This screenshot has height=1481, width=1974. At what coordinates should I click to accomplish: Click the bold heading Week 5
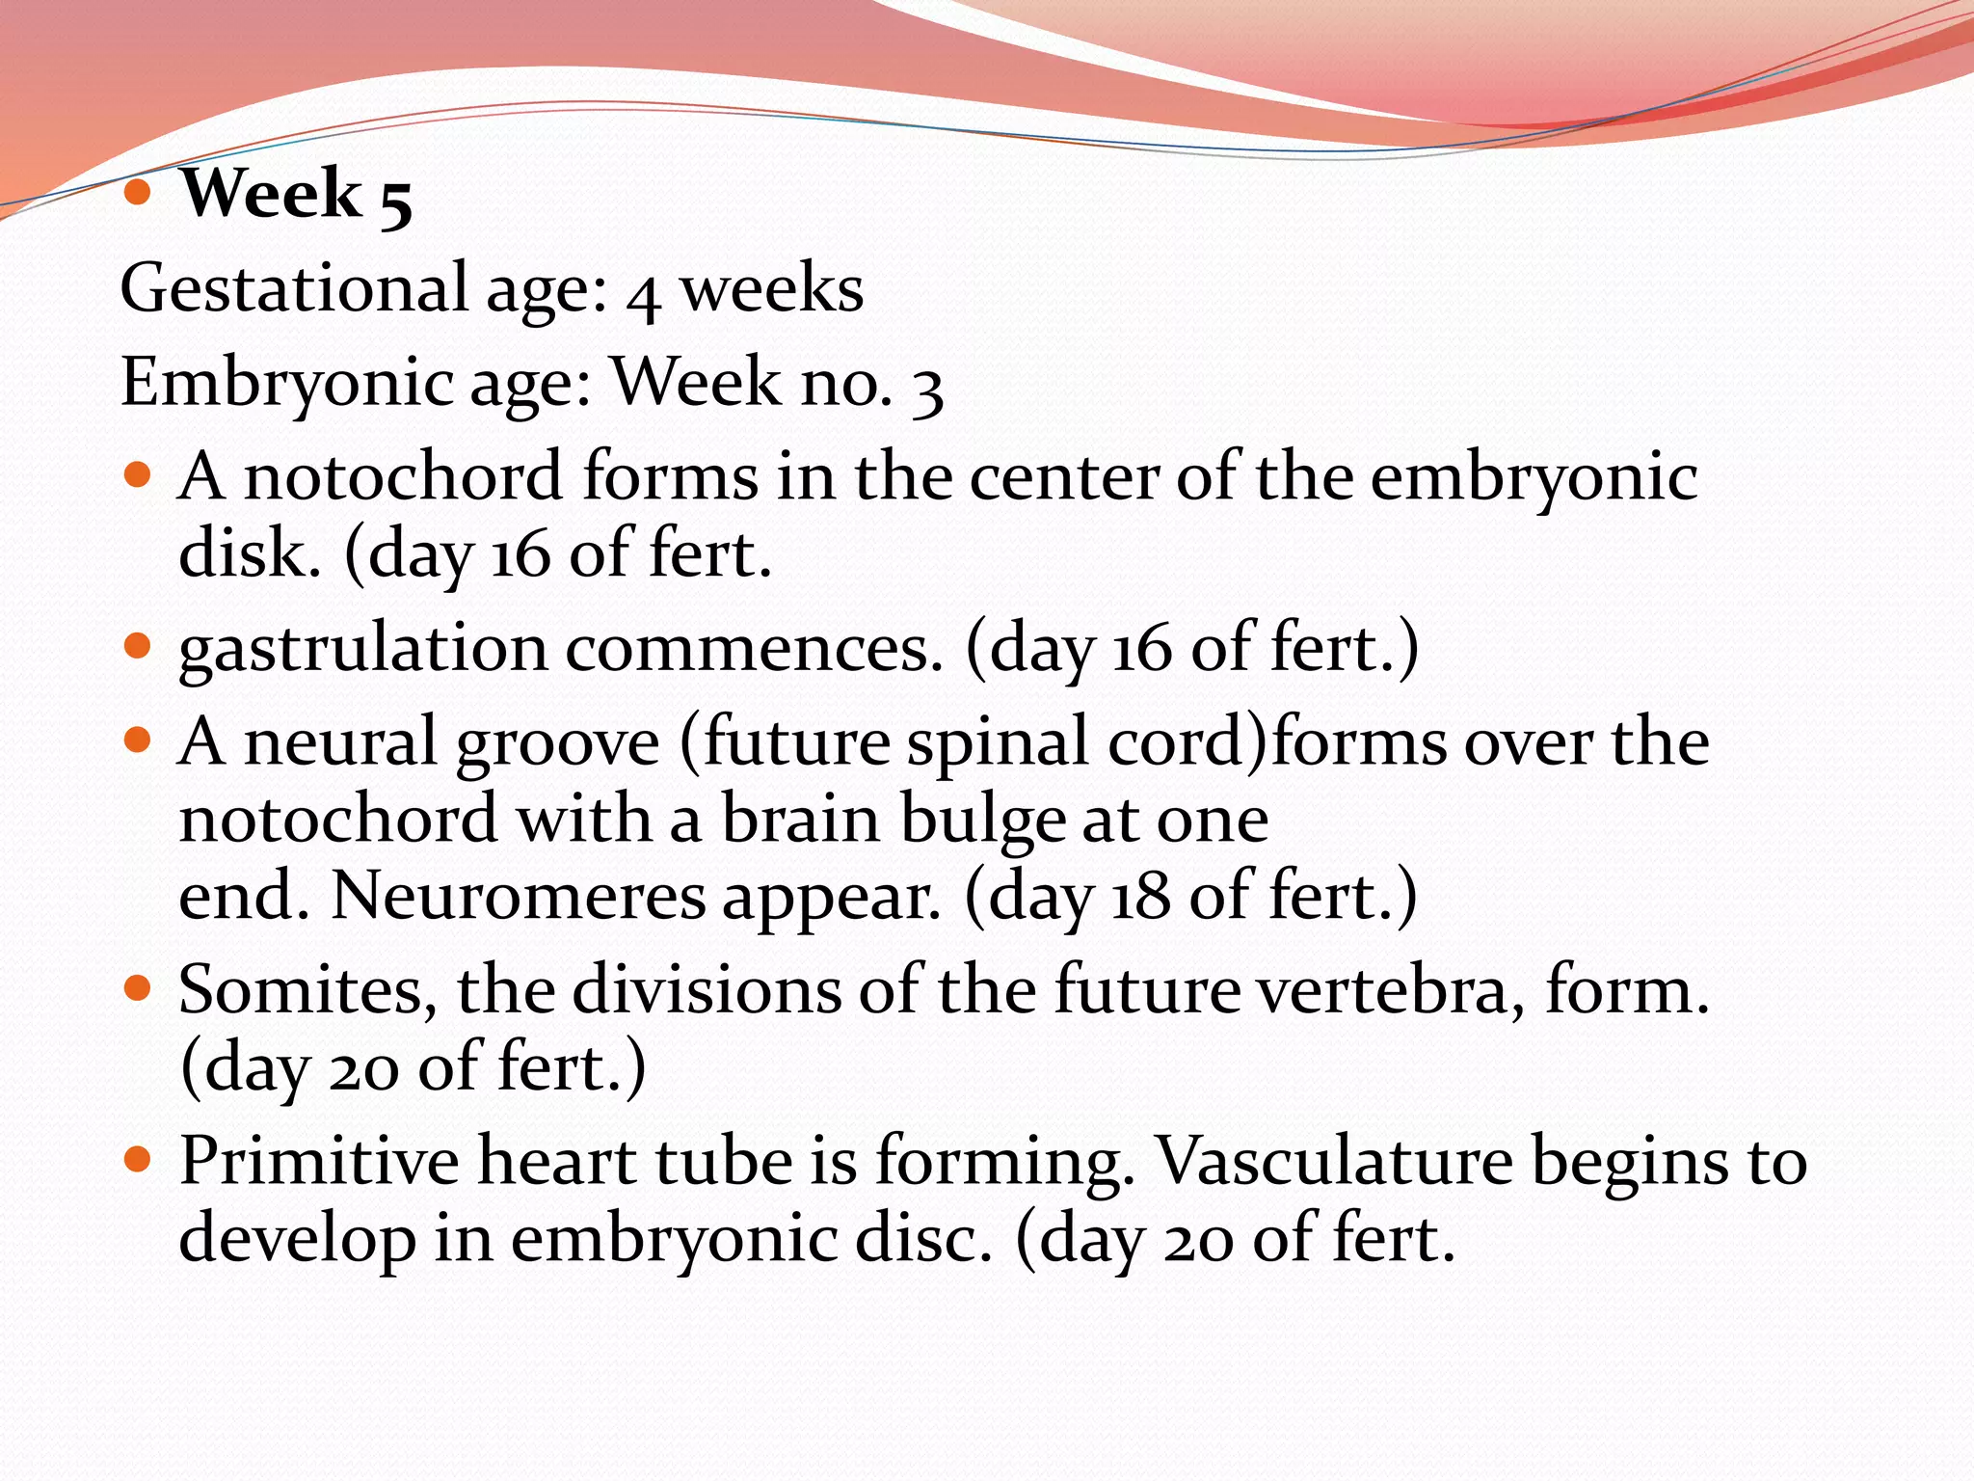tap(296, 195)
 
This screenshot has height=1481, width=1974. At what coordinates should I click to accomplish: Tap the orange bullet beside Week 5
tap(139, 193)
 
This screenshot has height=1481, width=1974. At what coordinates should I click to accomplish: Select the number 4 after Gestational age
tap(643, 295)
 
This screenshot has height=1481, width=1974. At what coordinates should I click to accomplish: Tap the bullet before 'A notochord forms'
tap(139, 475)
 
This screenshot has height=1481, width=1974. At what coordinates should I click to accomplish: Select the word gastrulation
tap(363, 649)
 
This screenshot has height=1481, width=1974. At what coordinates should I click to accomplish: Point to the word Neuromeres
tap(519, 896)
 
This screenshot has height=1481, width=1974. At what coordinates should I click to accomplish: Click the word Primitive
tap(319, 1161)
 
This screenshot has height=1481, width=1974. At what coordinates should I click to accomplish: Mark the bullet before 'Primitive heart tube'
tap(139, 1159)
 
